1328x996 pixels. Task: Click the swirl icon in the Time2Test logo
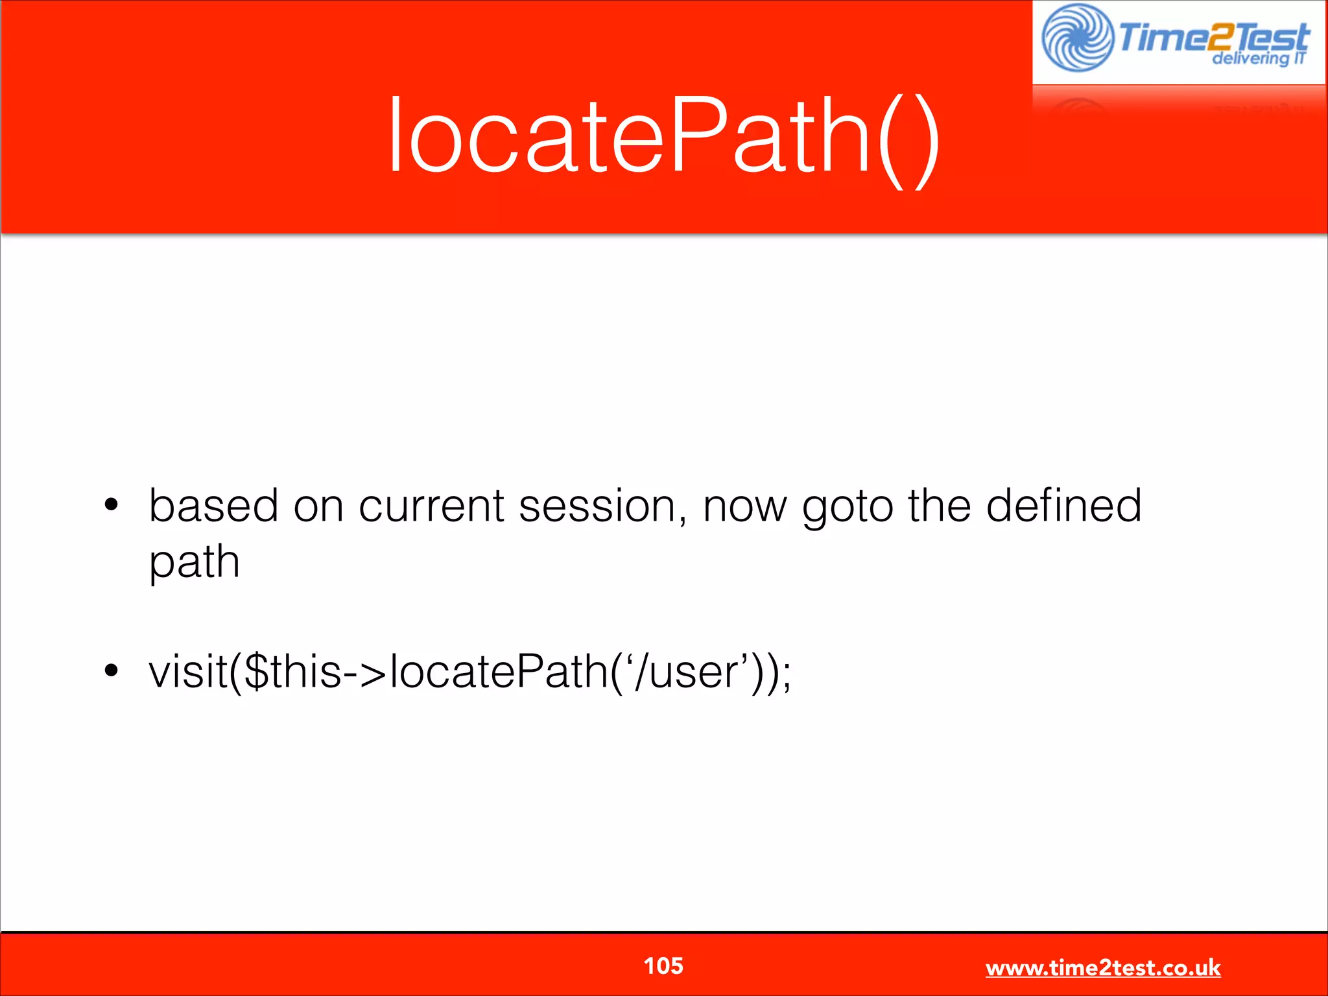coord(1077,38)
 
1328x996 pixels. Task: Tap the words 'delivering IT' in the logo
coord(1259,58)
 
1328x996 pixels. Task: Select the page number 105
coord(663,966)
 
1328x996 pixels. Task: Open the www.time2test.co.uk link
coord(1103,967)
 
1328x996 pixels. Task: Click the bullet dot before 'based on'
coord(112,505)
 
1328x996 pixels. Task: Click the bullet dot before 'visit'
coord(112,671)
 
